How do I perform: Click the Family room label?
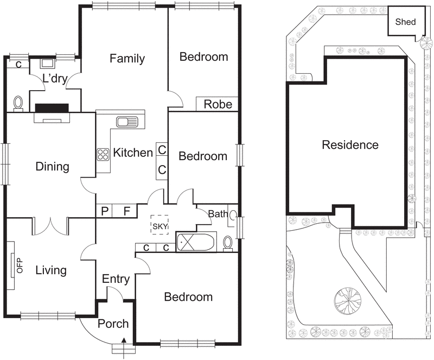point(127,59)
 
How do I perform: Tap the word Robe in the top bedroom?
point(218,104)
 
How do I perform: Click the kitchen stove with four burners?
point(103,154)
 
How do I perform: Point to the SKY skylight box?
point(161,225)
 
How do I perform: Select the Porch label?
point(113,324)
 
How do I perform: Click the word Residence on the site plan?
point(350,145)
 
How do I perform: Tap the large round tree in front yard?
point(347,299)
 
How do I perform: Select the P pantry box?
point(104,211)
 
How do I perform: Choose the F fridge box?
point(126,211)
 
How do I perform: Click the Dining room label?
point(53,166)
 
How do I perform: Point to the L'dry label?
point(54,79)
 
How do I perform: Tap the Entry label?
point(116,279)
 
